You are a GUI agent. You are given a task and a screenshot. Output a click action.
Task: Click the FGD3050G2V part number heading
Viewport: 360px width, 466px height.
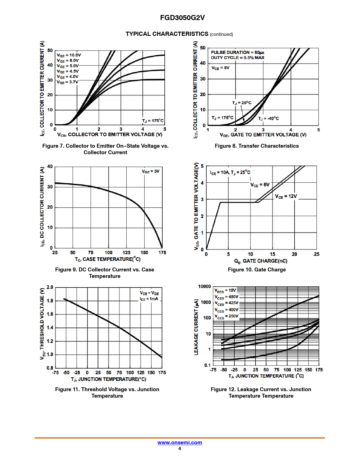coord(182,18)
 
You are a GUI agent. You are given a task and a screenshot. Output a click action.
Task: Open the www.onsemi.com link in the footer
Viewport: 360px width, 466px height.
coord(180,443)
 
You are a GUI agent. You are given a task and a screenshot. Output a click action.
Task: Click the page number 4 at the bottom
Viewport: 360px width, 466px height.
coord(180,448)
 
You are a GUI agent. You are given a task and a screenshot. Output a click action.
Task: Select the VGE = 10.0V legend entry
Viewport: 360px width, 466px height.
coord(69,55)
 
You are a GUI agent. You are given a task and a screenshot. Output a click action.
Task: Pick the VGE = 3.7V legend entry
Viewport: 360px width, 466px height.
coord(67,82)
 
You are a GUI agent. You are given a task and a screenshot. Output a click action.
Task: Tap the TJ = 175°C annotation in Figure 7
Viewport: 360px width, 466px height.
coord(152,121)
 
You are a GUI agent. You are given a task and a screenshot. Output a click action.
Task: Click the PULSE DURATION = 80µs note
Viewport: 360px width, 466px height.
coord(237,52)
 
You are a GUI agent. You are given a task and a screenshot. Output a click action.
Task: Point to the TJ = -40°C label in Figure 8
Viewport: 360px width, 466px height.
coord(268,118)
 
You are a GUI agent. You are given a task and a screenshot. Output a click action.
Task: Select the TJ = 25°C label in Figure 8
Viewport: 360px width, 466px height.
coord(242,103)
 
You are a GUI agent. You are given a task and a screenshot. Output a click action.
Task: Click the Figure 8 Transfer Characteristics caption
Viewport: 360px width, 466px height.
coord(257,146)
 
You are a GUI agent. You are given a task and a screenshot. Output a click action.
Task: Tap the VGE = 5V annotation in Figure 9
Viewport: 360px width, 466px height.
coord(150,171)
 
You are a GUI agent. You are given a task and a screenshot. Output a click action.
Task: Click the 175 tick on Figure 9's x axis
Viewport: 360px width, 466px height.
coord(162,252)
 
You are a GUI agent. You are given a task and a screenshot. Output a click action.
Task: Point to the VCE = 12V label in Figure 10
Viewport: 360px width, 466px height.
coord(286,196)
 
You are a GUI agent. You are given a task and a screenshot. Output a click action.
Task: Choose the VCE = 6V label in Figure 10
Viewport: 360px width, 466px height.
coord(260,185)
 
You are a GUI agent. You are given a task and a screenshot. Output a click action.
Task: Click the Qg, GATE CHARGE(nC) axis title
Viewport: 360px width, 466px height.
coord(261,261)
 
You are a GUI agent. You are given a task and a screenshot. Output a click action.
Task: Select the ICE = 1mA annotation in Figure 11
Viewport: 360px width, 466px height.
coord(149,299)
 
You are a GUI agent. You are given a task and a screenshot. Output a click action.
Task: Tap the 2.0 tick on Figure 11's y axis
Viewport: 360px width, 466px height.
coord(50,287)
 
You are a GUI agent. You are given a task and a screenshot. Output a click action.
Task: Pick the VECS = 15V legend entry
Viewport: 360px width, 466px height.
coord(225,290)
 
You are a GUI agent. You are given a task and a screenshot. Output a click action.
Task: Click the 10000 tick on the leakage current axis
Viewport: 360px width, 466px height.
coord(204,286)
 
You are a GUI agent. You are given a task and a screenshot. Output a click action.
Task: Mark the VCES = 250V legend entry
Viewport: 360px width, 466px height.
coord(226,316)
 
